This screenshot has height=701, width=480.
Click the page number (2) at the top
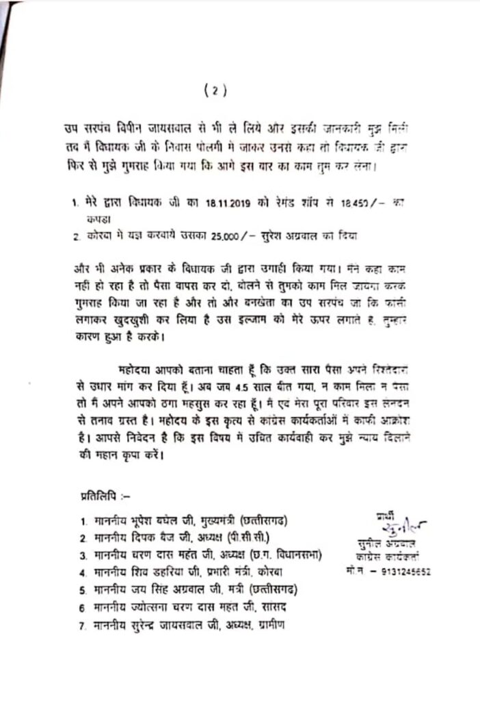point(214,89)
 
